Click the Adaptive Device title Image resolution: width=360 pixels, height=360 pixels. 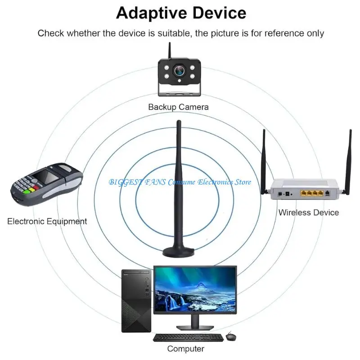pyautogui.click(x=181, y=13)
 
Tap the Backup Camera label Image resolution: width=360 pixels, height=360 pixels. pyautogui.click(x=179, y=107)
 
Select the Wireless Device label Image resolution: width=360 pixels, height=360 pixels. pyautogui.click(x=308, y=212)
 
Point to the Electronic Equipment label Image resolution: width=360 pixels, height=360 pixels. pyautogui.click(x=47, y=221)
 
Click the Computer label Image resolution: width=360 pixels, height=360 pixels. pyautogui.click(x=186, y=348)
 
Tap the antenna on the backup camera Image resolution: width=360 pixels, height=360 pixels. pyautogui.click(x=170, y=51)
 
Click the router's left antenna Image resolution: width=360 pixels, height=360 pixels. pyautogui.click(x=264, y=162)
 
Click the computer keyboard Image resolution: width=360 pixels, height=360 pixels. pyautogui.click(x=188, y=337)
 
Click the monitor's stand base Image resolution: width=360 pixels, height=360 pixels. pyautogui.click(x=194, y=327)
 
